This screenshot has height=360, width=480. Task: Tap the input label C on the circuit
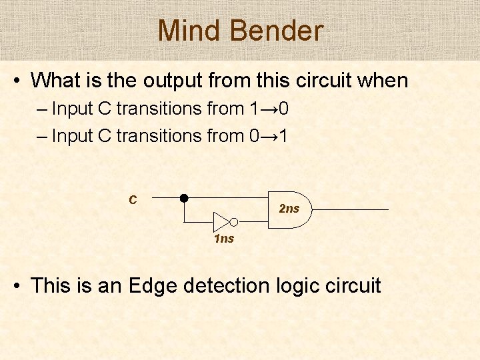coord(133,199)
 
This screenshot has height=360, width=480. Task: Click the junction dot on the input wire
coord(183,198)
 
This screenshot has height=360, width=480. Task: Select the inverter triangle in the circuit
coord(221,222)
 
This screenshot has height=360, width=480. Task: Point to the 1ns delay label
coord(224,239)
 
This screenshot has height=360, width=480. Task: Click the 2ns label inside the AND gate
coord(289,209)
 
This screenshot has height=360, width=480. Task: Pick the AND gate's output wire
coord(350,209)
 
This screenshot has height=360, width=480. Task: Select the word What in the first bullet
coord(55,81)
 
